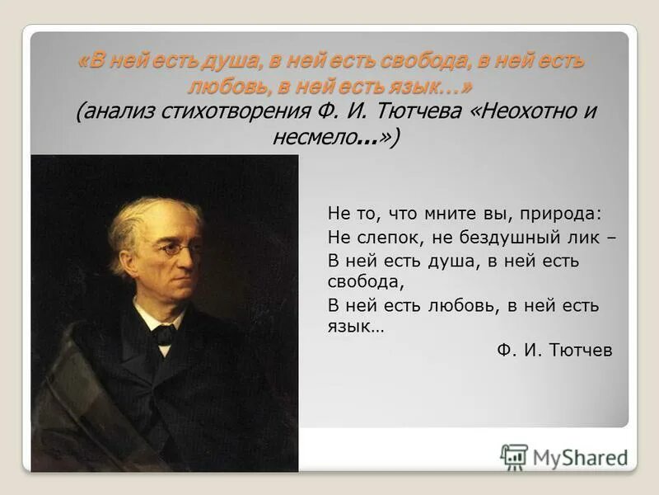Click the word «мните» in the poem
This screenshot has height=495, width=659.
[x=445, y=214]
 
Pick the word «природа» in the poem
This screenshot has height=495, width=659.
[x=561, y=214]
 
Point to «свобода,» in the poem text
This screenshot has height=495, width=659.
[x=363, y=281]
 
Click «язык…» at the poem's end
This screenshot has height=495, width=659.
[x=355, y=327]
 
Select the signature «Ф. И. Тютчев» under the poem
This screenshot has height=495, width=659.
[x=554, y=350]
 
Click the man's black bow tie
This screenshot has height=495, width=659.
[x=164, y=333]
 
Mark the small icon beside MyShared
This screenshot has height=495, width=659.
[x=514, y=457]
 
